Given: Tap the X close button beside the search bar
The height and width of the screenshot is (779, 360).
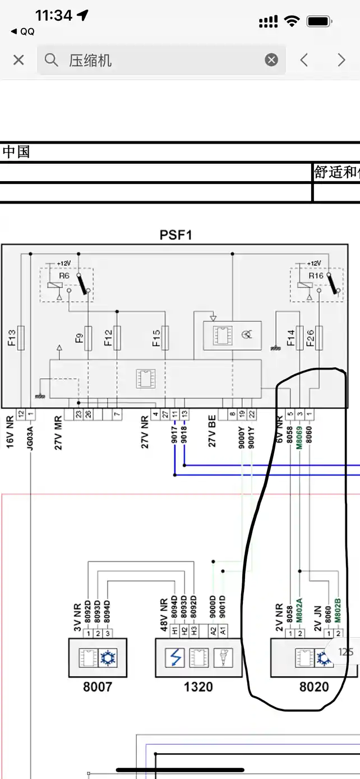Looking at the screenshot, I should [19, 60].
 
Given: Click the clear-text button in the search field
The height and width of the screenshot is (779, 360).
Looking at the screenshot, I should [271, 60].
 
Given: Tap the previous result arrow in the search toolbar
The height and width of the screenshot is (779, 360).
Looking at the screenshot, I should [304, 60].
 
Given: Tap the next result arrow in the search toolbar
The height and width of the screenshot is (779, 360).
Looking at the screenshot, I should [341, 60].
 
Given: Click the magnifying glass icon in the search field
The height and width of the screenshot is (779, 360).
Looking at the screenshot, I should [52, 60].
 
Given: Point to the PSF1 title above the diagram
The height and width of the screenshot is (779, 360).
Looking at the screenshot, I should [176, 235].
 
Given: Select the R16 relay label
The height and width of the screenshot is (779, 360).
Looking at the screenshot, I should [316, 276].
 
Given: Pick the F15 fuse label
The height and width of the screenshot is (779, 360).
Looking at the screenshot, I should [156, 338].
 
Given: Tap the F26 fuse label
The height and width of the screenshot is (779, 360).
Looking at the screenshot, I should [310, 338].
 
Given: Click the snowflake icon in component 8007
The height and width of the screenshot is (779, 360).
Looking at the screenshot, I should [108, 658].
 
